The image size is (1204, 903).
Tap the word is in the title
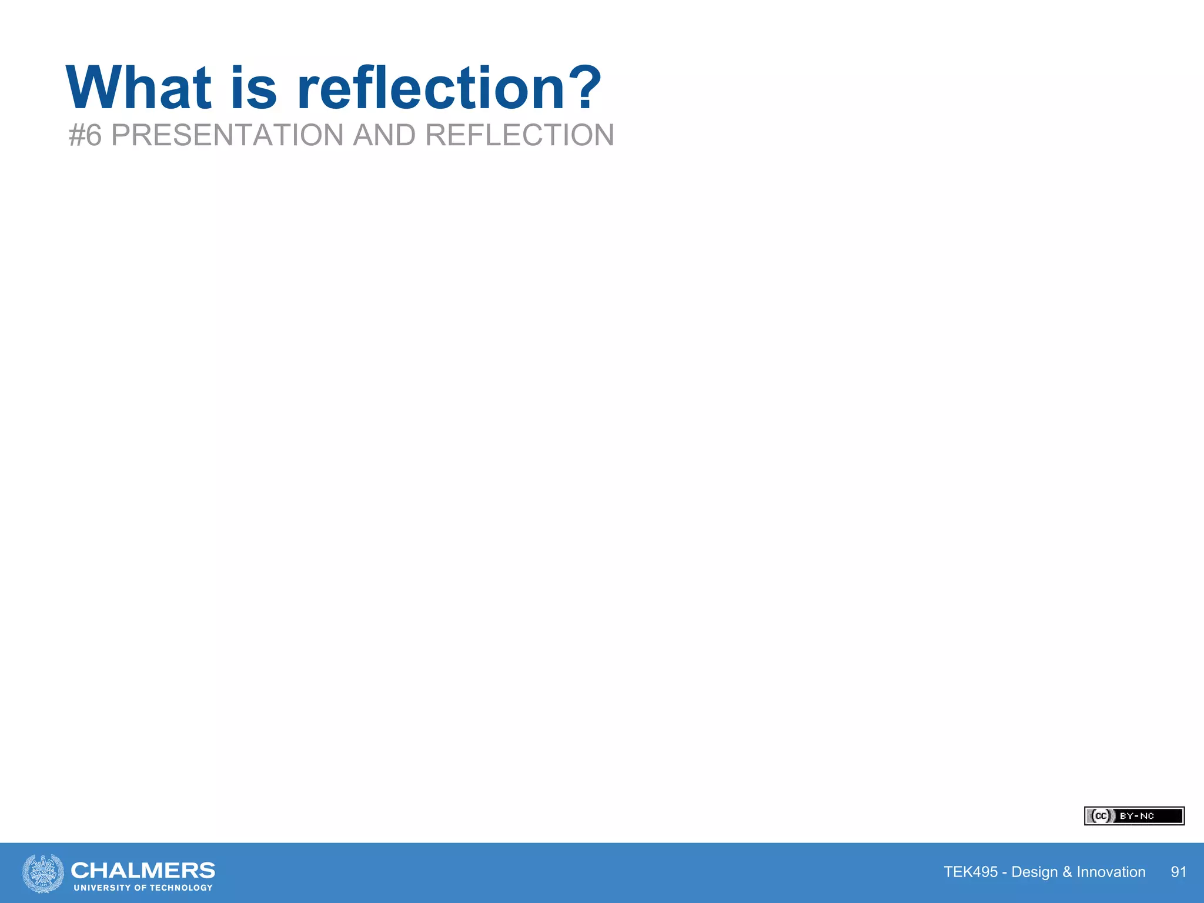(x=253, y=88)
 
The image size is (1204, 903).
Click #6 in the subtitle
(x=85, y=135)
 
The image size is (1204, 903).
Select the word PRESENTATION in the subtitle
(x=227, y=135)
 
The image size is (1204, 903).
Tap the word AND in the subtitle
(x=384, y=135)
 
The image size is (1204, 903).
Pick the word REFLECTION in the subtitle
(x=519, y=135)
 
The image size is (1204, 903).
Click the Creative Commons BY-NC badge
(x=1134, y=816)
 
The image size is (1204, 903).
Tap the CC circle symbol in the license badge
(x=1100, y=816)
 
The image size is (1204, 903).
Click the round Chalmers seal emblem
(x=43, y=873)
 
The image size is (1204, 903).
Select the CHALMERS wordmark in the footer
(x=143, y=869)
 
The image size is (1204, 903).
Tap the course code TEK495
(x=971, y=872)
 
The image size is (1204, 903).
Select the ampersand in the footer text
(x=1067, y=872)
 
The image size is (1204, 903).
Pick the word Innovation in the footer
(x=1111, y=872)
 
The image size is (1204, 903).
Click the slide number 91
(x=1178, y=872)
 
